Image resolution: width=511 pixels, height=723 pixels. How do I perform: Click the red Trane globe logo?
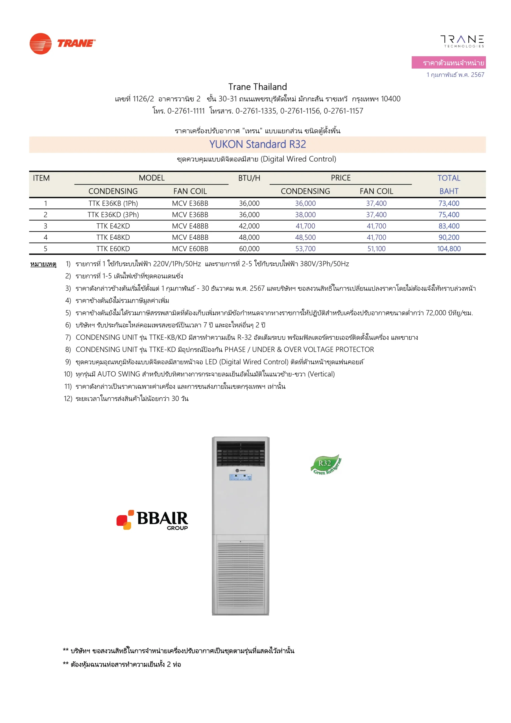point(41,44)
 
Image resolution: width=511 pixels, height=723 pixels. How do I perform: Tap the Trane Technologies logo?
point(462,41)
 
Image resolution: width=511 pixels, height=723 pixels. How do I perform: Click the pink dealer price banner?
point(448,62)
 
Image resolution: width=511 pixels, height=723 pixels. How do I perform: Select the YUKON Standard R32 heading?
point(257,144)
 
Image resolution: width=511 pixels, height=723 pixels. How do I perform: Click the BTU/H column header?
point(249,178)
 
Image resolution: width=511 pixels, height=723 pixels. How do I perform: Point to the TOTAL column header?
point(449,178)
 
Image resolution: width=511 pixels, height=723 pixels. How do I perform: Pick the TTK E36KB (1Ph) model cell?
point(113,203)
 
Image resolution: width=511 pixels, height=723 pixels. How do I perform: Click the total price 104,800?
point(449,249)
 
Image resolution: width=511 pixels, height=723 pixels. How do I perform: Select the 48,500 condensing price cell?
point(305,238)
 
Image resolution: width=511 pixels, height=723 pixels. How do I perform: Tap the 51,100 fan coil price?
point(376,249)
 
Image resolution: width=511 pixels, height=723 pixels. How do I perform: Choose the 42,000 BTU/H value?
point(249,226)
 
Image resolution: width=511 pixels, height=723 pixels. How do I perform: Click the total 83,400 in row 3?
point(449,226)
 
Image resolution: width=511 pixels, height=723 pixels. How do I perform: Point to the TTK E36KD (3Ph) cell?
point(113,215)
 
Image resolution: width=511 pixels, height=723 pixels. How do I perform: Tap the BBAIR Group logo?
point(152,520)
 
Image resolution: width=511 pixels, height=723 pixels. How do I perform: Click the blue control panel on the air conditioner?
point(240,477)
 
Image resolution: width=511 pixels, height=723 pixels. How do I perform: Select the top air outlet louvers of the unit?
point(240,454)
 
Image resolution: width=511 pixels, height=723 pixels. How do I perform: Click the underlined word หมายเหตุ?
point(43,264)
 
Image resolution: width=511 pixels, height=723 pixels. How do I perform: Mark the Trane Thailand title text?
point(257,87)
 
